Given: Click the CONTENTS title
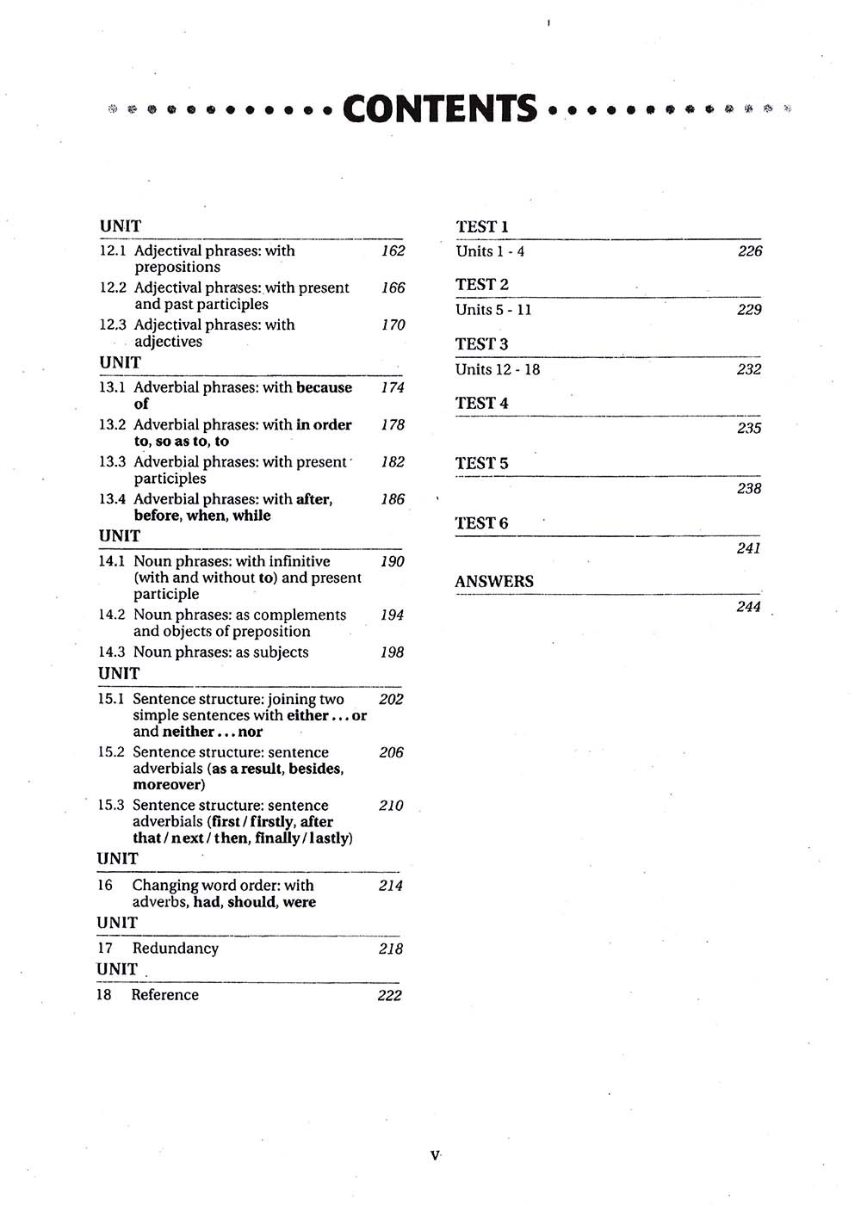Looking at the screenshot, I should coord(440,109).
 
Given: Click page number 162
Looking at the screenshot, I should coord(393,250).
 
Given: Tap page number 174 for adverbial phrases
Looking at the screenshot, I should coord(393,387).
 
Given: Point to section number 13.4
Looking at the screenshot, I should coord(112,499).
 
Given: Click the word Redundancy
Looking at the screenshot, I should coord(175,948).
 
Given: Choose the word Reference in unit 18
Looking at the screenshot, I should coord(164,994).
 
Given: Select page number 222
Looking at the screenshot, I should coord(389,995).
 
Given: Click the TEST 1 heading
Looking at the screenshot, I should coord(482,226).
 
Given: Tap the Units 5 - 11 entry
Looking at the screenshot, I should coord(493,310).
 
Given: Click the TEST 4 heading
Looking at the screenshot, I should coord(482,403).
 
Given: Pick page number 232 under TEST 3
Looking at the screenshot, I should coord(749,369).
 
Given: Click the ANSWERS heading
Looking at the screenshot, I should coord(494,581).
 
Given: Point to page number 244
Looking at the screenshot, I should coord(748,607).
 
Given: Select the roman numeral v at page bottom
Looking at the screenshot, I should coord(434,1155).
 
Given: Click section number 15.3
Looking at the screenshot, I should coord(111,806).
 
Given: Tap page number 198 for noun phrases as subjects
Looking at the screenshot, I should coord(392,652).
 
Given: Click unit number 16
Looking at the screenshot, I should coord(105,885).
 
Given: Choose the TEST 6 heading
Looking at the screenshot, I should coord(481,522).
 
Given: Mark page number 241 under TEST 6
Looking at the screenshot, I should coord(748,547).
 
